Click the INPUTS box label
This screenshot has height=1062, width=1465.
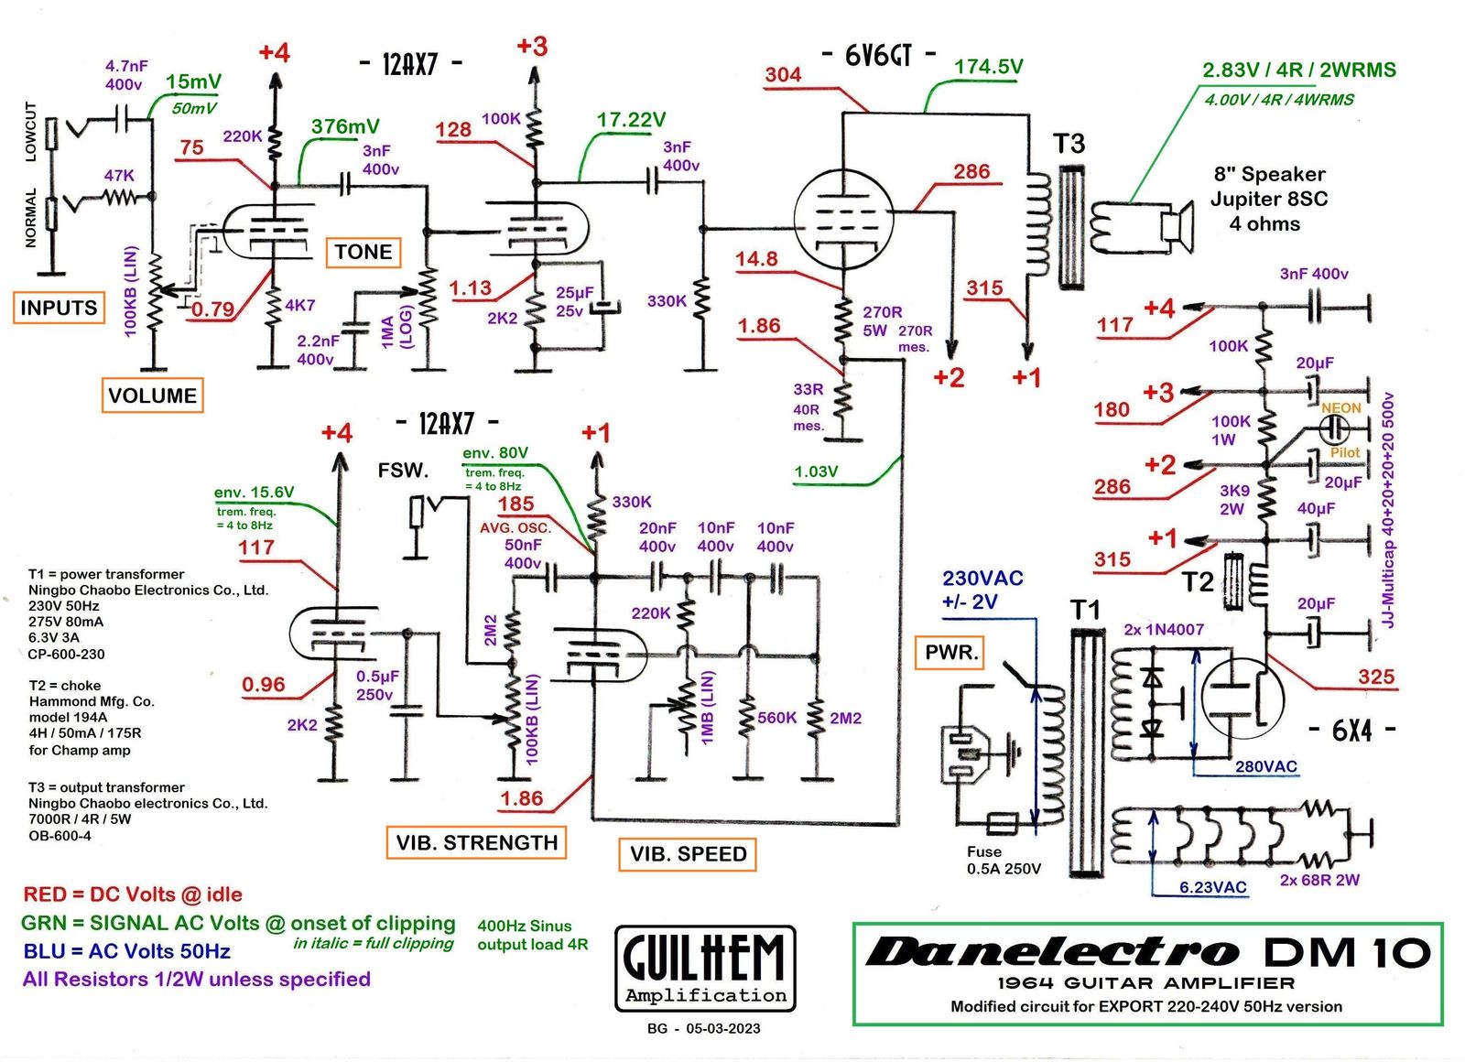59,308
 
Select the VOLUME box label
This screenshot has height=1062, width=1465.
152,396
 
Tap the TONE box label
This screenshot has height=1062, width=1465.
364,252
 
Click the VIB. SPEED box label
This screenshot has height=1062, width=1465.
688,854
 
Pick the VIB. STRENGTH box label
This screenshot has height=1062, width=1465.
476,842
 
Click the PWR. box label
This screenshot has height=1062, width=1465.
951,652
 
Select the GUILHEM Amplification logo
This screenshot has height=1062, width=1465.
705,968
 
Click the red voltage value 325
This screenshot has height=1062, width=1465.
1375,677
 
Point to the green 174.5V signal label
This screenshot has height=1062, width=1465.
988,67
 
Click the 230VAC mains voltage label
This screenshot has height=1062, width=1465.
982,579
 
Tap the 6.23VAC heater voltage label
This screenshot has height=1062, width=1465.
1212,887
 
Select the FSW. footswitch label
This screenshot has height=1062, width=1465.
403,471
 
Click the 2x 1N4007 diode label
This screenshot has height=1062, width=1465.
1163,630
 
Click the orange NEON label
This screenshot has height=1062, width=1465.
1340,407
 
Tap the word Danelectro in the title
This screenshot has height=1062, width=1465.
1053,952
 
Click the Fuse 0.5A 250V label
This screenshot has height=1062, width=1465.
1003,860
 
